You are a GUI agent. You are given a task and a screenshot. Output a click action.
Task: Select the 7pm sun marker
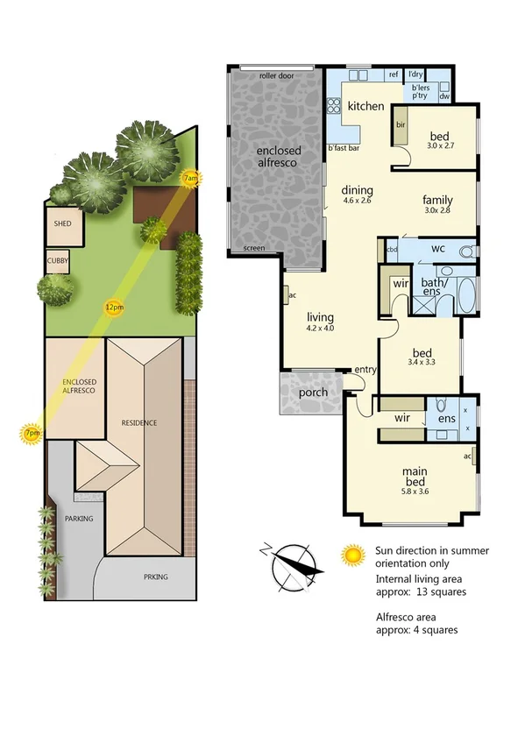(x=32, y=433)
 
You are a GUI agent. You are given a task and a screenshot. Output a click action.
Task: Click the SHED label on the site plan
(x=61, y=223)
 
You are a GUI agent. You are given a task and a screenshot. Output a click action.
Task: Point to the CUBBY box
(x=59, y=261)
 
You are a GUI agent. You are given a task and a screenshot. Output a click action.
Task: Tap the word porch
(x=313, y=393)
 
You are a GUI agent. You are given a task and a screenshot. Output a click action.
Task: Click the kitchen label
(x=365, y=106)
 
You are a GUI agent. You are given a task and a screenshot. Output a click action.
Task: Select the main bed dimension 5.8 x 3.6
(x=415, y=492)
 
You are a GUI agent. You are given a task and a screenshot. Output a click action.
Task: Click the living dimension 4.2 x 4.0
(x=320, y=328)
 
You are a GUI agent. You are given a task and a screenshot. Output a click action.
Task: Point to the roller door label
(x=276, y=76)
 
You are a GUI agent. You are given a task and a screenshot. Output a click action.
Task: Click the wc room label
(x=438, y=249)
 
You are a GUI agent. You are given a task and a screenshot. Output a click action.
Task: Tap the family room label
(x=436, y=200)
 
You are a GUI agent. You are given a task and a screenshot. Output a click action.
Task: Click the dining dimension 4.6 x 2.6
(x=357, y=200)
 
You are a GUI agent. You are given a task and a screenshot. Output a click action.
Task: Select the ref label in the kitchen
(x=394, y=75)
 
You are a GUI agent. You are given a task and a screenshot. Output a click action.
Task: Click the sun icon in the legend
(x=353, y=554)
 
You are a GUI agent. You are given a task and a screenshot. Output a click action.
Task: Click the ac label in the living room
(x=288, y=295)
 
